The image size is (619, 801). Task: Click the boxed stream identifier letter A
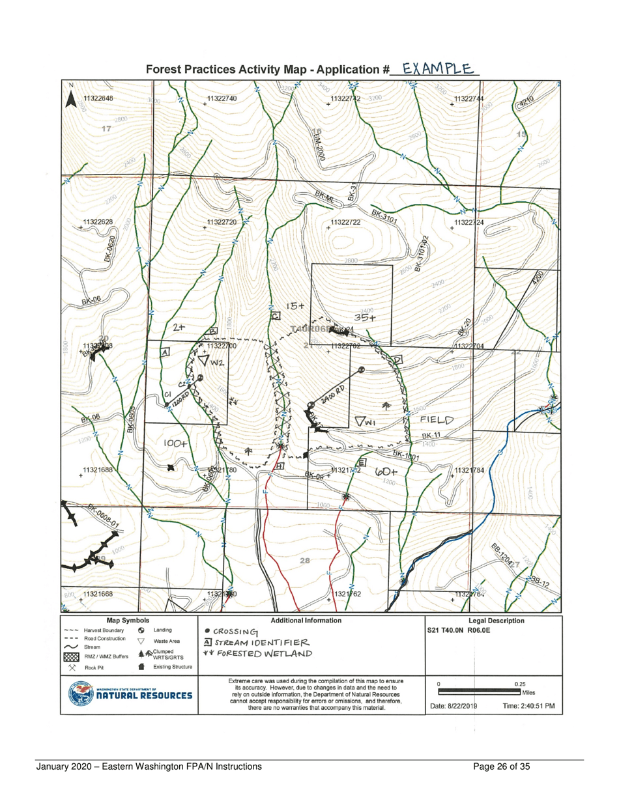[165, 352]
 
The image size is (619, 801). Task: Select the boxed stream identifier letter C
[276, 316]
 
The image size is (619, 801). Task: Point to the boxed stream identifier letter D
[397, 360]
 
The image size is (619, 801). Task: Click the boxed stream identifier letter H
[280, 466]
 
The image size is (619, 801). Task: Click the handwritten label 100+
[176, 443]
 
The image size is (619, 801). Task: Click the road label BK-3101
[384, 216]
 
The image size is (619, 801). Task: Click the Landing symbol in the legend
[141, 630]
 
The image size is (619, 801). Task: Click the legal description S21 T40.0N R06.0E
[467, 630]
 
